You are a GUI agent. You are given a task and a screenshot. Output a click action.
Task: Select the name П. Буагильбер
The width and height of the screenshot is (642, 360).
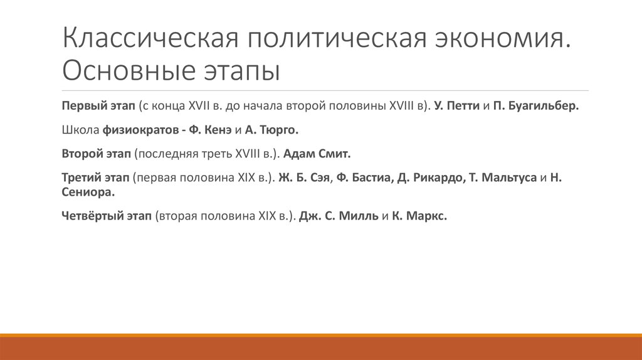tap(536, 106)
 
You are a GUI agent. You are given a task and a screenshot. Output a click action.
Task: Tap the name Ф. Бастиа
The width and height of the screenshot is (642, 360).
tap(364, 177)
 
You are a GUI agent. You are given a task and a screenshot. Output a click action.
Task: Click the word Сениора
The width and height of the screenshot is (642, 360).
tap(88, 192)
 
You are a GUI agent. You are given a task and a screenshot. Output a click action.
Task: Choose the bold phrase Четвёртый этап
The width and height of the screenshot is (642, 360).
tap(107, 216)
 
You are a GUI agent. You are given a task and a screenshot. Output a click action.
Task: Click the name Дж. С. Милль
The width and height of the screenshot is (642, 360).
tap(339, 216)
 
